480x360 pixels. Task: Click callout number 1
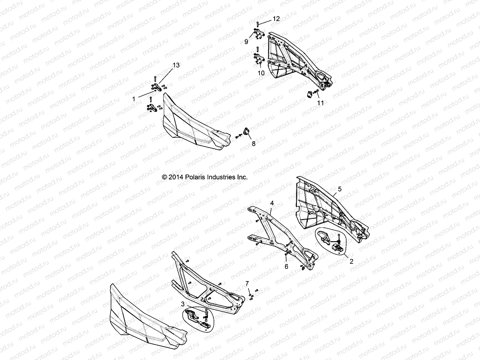(134, 99)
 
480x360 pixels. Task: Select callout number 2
(352, 261)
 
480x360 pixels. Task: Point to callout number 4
(272, 203)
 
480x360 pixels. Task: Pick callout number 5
(340, 189)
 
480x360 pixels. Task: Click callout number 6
(286, 266)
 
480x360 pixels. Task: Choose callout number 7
(247, 283)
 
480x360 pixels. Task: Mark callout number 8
(253, 144)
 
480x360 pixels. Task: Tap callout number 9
(246, 42)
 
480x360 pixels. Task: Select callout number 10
(261, 73)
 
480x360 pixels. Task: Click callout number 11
(320, 103)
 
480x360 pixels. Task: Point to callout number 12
(276, 19)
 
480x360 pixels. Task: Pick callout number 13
(176, 65)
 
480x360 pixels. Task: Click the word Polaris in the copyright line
(194, 177)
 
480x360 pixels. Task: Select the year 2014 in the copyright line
(176, 177)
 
